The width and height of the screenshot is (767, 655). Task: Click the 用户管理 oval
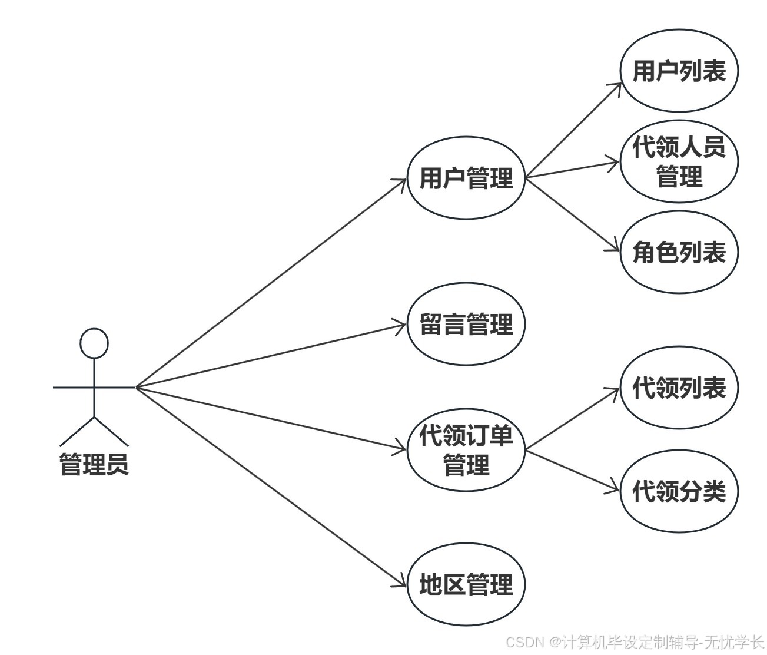[x=466, y=178]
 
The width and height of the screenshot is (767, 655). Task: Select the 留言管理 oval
[x=466, y=324]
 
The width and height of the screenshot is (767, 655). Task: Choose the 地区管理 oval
[x=466, y=585]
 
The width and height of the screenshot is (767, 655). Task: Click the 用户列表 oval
[x=679, y=71]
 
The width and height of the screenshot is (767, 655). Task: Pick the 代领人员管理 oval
[x=679, y=161]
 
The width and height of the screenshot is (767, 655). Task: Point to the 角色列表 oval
[x=679, y=252]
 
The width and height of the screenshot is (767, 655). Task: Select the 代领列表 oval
[x=679, y=388]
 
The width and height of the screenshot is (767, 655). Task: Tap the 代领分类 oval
[x=679, y=491]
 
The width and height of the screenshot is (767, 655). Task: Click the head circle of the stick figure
[x=94, y=343]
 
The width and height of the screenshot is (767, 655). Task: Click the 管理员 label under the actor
[x=94, y=464]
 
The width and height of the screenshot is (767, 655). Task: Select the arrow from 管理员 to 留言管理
[x=271, y=355]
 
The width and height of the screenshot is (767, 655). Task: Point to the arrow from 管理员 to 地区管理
[x=271, y=487]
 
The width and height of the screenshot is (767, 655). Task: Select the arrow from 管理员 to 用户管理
[x=271, y=283]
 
